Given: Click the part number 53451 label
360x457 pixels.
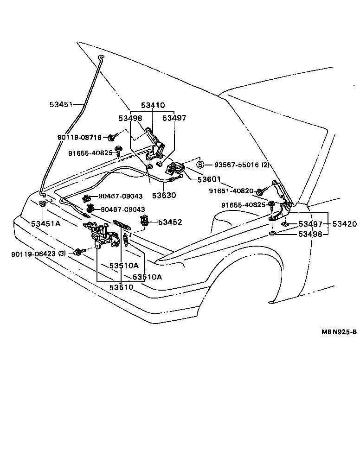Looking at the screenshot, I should point(61,104).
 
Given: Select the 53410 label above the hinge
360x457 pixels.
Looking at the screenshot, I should point(152,105).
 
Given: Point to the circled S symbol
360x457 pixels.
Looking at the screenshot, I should point(200,165).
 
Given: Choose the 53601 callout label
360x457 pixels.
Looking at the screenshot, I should point(208,179).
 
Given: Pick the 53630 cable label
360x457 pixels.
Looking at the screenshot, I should point(163,196).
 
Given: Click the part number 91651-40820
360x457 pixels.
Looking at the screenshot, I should point(231,190).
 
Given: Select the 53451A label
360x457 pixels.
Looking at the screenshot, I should point(46,224).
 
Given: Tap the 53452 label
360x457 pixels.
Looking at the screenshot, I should point(170,222).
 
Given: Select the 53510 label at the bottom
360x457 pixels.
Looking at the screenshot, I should point(122,287).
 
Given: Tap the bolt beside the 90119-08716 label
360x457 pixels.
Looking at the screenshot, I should point(111,137).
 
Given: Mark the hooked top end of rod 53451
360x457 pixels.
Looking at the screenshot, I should point(101,57).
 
